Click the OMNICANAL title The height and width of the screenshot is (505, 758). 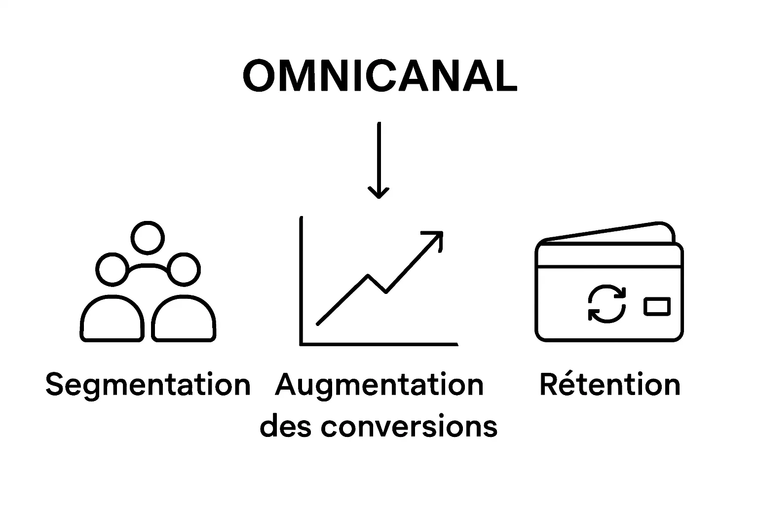379,76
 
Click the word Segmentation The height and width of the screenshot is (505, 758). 148,385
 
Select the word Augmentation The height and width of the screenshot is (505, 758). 379,385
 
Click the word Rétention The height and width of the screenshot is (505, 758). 610,385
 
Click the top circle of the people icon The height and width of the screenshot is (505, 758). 148,238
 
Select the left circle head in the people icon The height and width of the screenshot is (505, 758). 113,269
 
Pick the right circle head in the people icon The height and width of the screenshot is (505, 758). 184,269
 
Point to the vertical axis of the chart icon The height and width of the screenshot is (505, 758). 301,281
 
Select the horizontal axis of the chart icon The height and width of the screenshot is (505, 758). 379,344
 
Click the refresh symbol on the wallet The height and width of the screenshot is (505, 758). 607,304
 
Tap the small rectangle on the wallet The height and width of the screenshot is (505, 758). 657,306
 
